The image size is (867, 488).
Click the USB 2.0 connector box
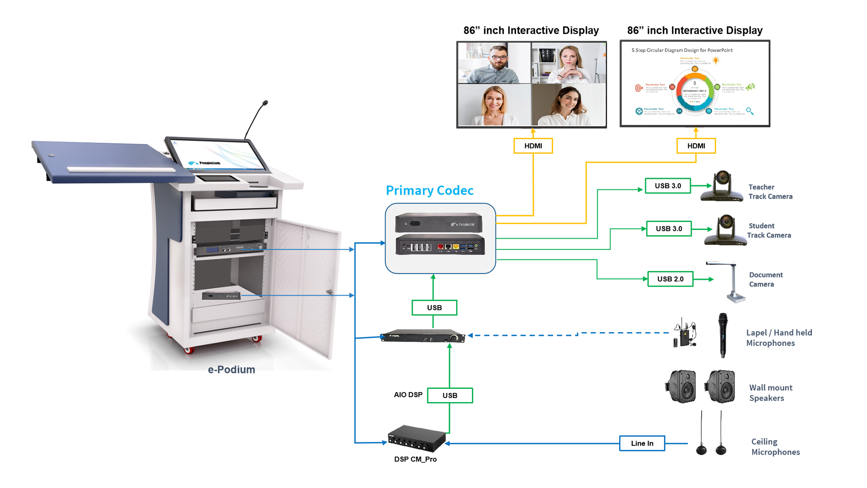[x=670, y=279]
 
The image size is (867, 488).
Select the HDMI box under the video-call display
[x=533, y=146]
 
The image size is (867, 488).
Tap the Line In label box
[x=642, y=443]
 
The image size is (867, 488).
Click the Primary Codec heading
[x=429, y=191]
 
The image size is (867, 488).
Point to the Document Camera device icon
[x=732, y=282]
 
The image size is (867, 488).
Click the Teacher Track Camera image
[x=722, y=186]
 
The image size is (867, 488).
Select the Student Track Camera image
[x=725, y=230]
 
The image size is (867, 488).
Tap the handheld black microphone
[x=722, y=335]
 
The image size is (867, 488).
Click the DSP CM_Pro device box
[x=416, y=438]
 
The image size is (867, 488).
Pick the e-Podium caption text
[x=231, y=370]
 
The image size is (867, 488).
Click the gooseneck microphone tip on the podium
[x=265, y=103]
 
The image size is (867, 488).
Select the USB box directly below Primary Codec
[x=434, y=308]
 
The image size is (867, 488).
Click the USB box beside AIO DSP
[x=450, y=395]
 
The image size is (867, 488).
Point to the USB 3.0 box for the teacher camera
[x=667, y=186]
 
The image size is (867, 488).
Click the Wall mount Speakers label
[x=770, y=393]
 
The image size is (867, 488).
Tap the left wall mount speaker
[x=681, y=386]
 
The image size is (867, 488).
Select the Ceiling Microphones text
[x=775, y=447]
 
